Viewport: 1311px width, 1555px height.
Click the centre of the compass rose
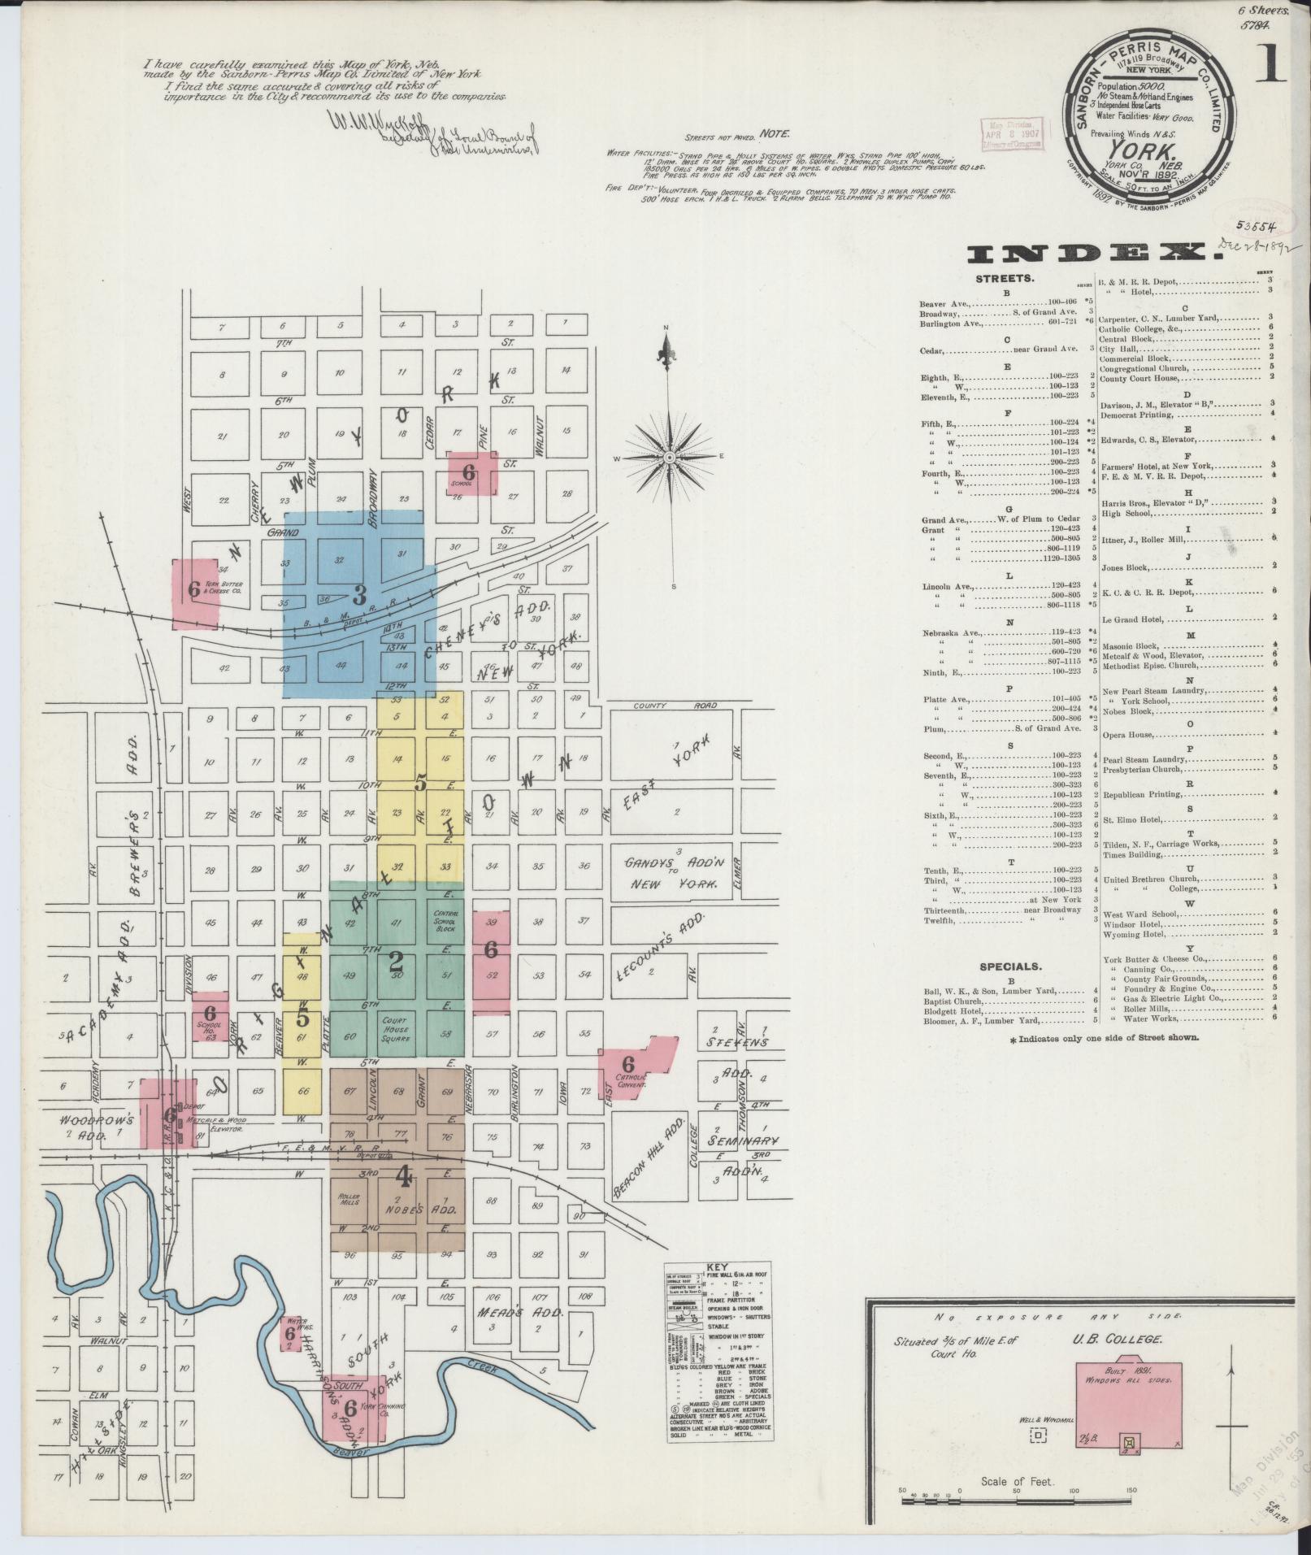click(x=668, y=458)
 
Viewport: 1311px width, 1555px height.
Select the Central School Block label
click(x=445, y=921)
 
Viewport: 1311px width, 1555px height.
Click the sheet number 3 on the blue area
click(x=358, y=593)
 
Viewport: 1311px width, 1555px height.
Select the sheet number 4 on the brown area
click(x=402, y=1176)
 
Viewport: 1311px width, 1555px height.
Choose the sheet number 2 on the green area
click(x=396, y=964)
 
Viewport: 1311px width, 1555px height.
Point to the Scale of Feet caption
click(x=1017, y=1482)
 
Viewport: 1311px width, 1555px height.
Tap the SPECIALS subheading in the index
click(x=1009, y=967)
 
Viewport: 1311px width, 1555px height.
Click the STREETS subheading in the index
click(x=1007, y=278)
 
